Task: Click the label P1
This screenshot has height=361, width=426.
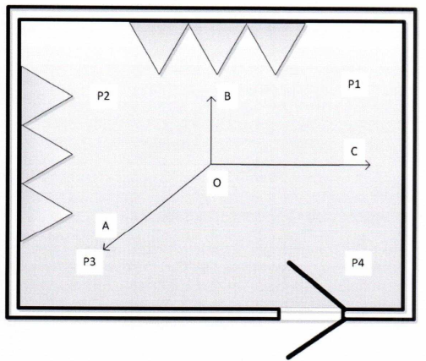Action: click(x=354, y=84)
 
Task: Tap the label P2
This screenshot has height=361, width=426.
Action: click(x=103, y=96)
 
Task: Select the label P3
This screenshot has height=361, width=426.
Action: click(x=90, y=261)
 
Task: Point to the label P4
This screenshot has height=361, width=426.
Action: click(x=358, y=263)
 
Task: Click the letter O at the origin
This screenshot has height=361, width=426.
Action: click(x=216, y=183)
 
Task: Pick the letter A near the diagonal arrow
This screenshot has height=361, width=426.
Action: click(x=106, y=226)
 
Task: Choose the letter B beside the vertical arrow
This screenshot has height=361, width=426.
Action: click(x=227, y=96)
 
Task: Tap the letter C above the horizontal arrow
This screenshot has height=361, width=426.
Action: click(x=354, y=151)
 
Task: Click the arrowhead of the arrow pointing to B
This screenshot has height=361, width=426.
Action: click(x=211, y=98)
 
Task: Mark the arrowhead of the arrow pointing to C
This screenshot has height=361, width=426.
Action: click(x=368, y=165)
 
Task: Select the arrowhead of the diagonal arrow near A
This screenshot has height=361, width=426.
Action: click(x=105, y=247)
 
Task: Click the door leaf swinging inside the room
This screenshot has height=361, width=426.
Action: click(x=316, y=286)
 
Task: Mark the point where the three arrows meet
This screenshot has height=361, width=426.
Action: click(x=211, y=164)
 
